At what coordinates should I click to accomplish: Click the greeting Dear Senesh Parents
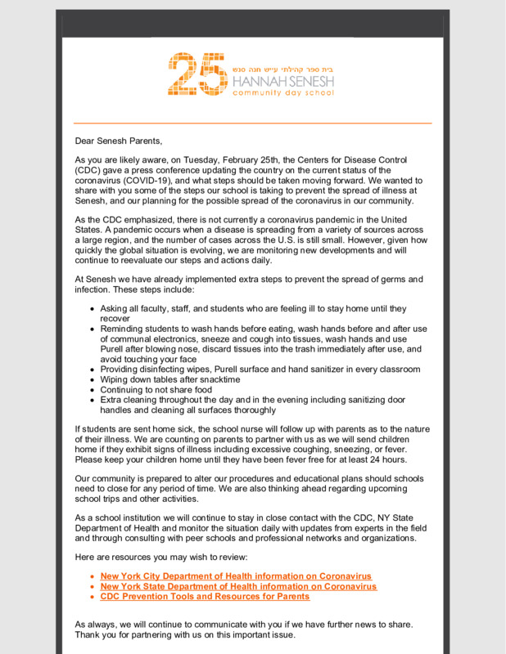coord(119,141)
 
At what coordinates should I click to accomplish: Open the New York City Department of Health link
coord(235,576)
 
